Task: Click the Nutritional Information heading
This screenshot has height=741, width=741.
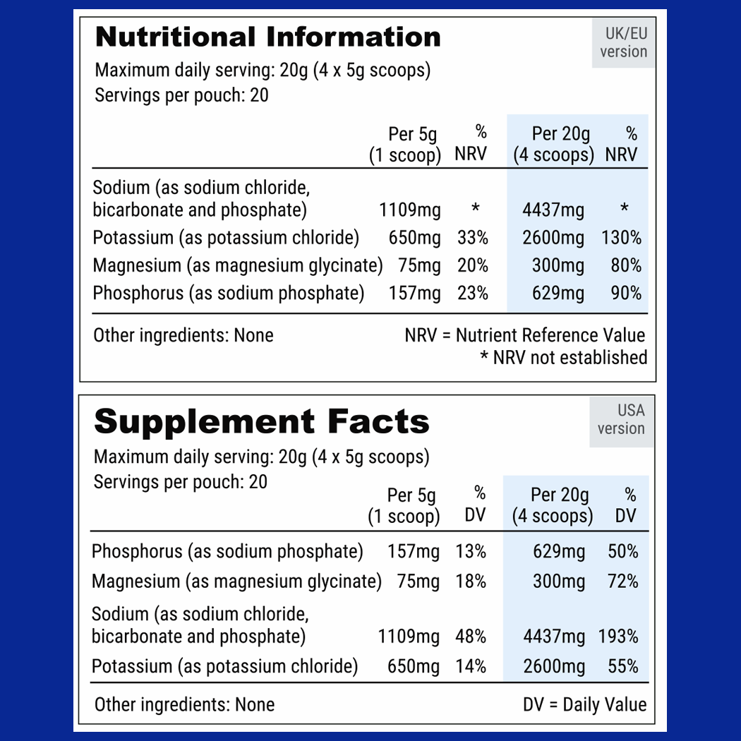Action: (267, 37)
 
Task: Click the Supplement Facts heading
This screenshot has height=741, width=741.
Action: (261, 422)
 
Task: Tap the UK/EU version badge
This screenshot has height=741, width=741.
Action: (623, 42)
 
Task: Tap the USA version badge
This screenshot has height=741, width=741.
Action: (621, 419)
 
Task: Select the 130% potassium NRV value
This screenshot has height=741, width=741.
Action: (621, 238)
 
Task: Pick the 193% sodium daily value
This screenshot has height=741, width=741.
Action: (618, 637)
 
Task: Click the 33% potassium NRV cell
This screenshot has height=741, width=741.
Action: (472, 238)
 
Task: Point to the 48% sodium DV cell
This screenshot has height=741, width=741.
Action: (471, 637)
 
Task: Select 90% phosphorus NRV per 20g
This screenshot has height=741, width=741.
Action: (626, 293)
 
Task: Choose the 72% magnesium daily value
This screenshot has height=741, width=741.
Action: (623, 582)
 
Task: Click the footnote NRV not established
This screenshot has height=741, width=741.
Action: (563, 358)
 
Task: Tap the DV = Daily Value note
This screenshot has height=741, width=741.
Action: (584, 704)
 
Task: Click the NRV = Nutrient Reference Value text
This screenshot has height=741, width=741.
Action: (525, 335)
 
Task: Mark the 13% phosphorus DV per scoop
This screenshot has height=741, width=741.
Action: (471, 551)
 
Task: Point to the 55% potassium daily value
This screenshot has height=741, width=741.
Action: (623, 666)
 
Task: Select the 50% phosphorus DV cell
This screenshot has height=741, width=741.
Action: (623, 551)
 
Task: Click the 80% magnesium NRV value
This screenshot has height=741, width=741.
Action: (626, 265)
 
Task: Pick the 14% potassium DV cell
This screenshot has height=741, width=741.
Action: (471, 666)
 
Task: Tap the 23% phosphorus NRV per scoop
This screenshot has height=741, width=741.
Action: (472, 293)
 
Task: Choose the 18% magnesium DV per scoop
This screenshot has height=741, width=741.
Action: (471, 582)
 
